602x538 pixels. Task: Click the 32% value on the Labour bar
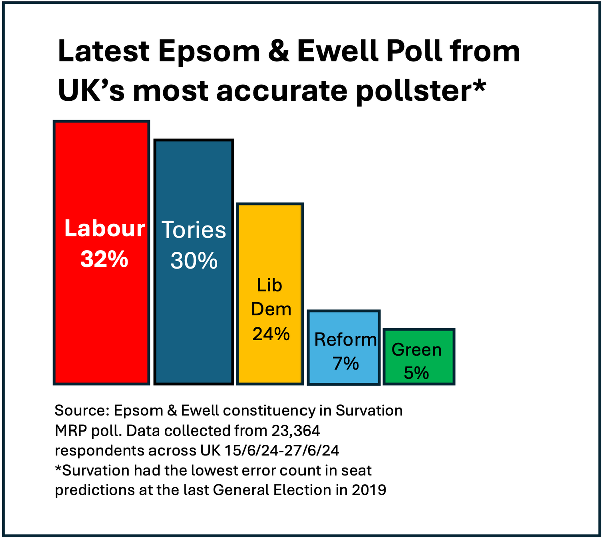click(x=104, y=259)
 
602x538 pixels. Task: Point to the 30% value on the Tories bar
click(x=194, y=260)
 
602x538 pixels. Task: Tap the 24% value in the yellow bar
click(x=271, y=334)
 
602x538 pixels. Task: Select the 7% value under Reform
click(x=345, y=363)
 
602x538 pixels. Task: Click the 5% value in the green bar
click(x=416, y=373)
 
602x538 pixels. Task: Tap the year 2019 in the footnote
click(x=369, y=489)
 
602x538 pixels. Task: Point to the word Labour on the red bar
click(x=104, y=229)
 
